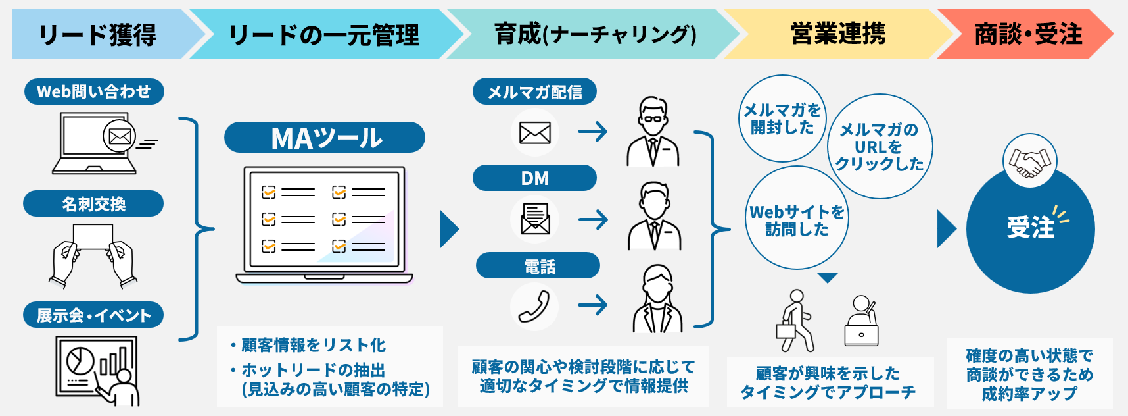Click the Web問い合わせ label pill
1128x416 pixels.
[94, 91]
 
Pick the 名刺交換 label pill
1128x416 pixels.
[93, 204]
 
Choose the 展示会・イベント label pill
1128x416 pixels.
[93, 315]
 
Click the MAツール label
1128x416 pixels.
[325, 138]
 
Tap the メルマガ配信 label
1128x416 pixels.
[534, 91]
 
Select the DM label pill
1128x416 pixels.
[534, 178]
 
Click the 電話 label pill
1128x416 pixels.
[538, 266]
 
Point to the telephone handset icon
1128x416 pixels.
[534, 306]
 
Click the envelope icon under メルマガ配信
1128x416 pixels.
[534, 132]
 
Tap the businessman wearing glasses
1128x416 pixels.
[653, 132]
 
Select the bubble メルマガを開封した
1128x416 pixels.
[782, 118]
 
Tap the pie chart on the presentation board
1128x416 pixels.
[79, 360]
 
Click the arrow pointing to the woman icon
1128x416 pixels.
[592, 305]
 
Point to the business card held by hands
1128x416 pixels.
[93, 238]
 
